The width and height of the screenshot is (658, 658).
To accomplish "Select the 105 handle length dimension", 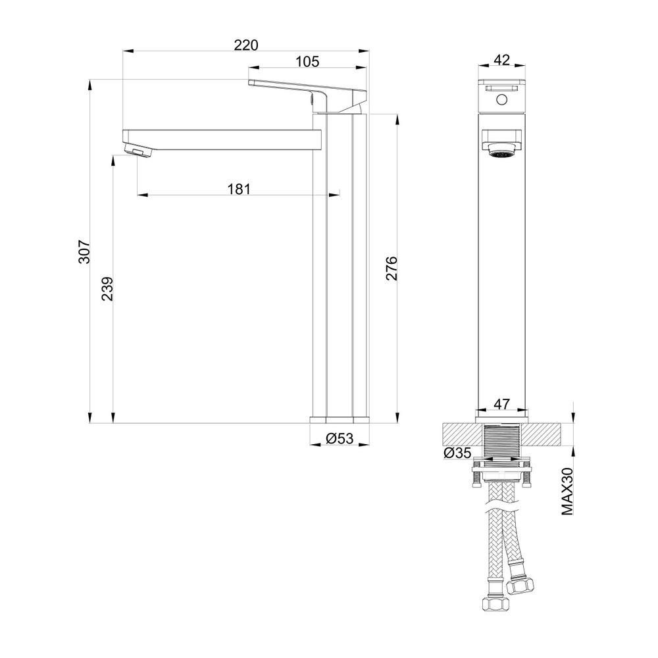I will [x=307, y=62].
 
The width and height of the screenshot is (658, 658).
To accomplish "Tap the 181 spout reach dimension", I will [x=239, y=190].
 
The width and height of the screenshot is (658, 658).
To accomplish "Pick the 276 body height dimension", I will [x=392, y=269].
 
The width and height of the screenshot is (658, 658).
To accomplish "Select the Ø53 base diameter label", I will [x=340, y=438].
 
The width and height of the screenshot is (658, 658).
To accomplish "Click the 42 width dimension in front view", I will [x=501, y=60].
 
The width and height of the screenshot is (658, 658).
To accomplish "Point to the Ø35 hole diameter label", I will [x=457, y=453].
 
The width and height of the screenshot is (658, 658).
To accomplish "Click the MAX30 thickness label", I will [x=569, y=492].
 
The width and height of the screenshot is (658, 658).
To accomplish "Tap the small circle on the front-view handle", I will [x=501, y=101].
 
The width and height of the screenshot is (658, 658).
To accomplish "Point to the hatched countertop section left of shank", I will [x=463, y=435].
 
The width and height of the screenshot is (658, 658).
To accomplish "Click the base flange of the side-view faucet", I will [x=340, y=418].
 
